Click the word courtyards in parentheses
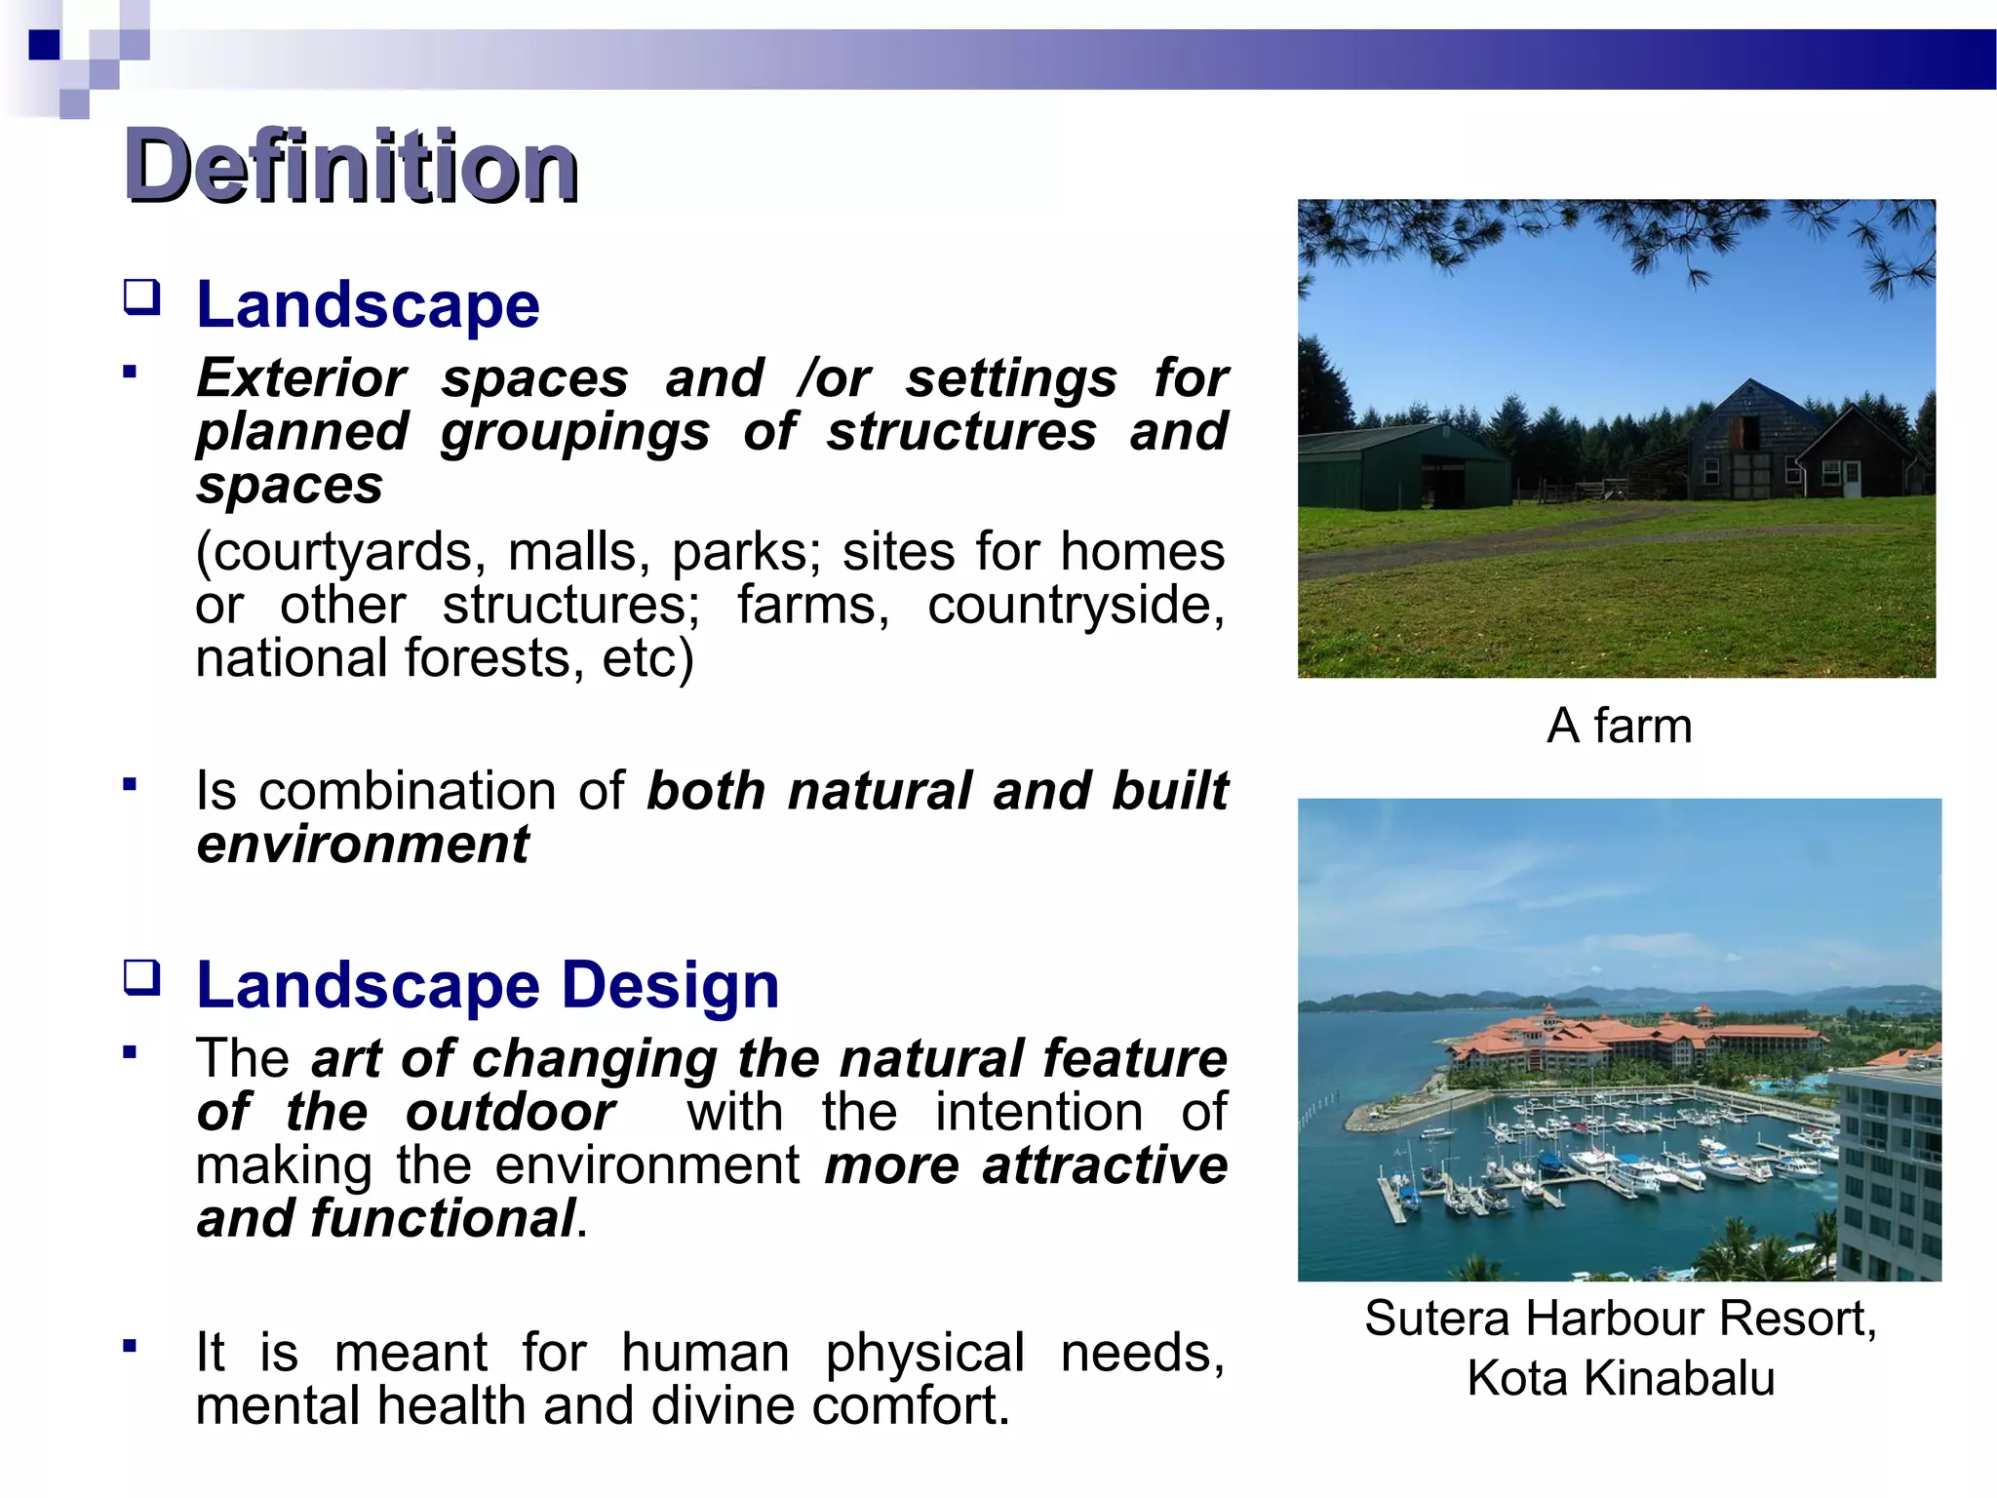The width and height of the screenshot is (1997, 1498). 341,552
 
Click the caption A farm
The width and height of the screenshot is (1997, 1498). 1619,727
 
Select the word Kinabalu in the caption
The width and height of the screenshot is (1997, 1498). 1678,1378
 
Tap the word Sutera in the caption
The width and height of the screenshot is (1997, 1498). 1438,1319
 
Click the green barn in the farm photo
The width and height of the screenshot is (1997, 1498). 1404,468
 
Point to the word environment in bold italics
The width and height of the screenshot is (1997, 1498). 363,845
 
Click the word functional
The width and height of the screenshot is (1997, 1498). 443,1219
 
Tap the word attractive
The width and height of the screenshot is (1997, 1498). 1104,1166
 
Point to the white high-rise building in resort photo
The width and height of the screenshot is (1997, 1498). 1888,1170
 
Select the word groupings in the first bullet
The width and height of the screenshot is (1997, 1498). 575,432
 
